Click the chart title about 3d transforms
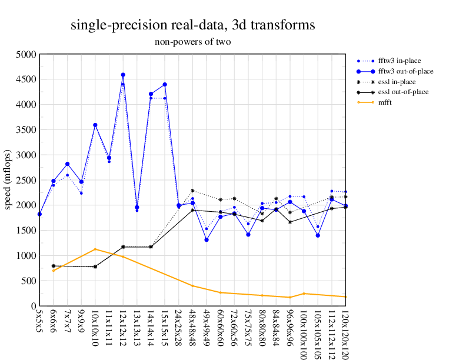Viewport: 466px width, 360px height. (x=192, y=25)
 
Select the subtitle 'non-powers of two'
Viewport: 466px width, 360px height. (x=192, y=42)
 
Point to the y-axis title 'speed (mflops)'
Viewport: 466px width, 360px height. (x=8, y=180)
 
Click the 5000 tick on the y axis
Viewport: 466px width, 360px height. (x=26, y=54)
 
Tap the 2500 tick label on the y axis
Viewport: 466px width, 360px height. (x=26, y=180)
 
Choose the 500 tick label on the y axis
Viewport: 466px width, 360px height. (x=29, y=281)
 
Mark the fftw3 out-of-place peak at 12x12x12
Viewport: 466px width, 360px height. (x=123, y=75)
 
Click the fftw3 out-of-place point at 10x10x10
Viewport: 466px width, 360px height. (x=95, y=125)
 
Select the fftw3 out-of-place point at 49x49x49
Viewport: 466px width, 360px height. (x=207, y=239)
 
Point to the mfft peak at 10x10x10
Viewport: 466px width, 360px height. (x=95, y=249)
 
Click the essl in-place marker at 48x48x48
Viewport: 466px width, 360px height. (x=192, y=191)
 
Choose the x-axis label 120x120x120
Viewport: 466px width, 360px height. (x=345, y=333)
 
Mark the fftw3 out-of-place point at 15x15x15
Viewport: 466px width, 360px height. (x=165, y=85)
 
